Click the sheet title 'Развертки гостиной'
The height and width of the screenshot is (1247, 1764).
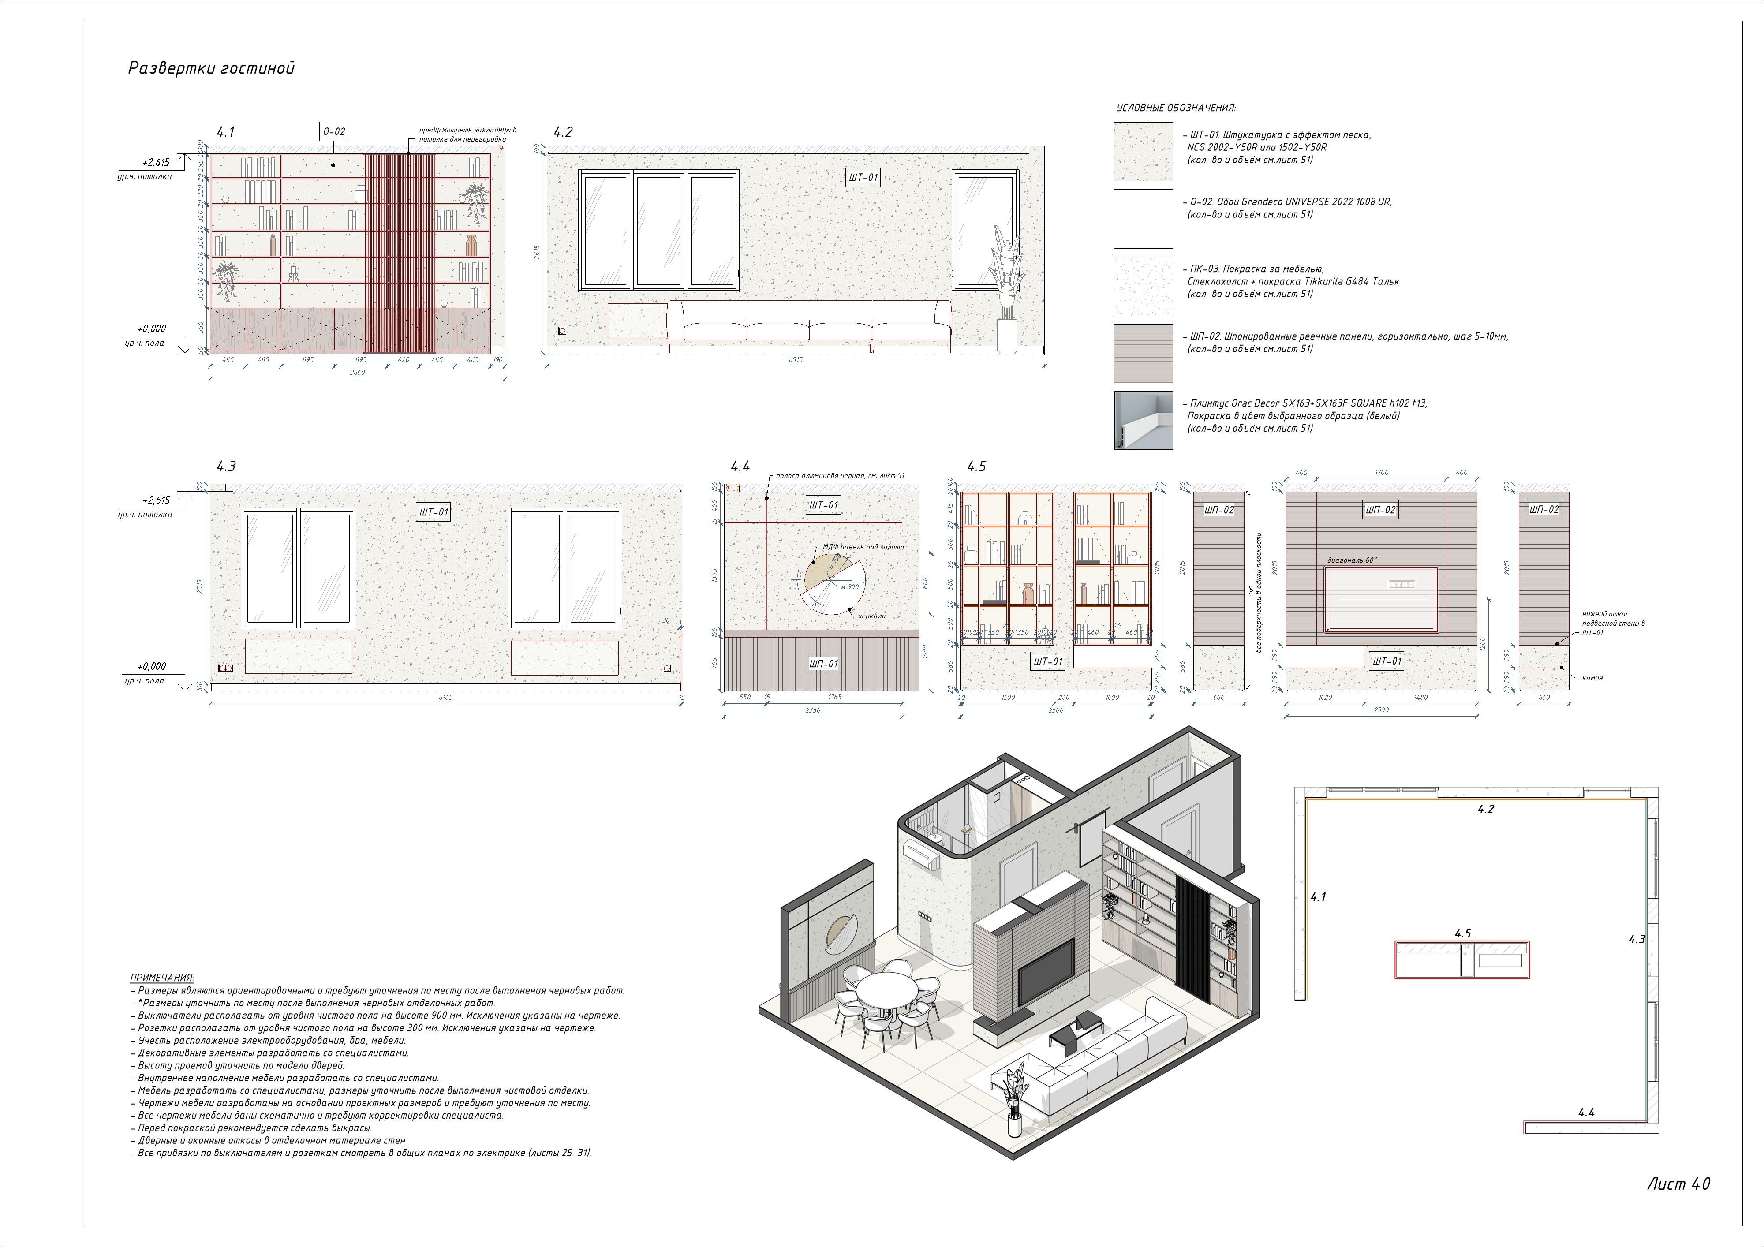(x=211, y=68)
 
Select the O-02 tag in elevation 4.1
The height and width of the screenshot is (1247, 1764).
(x=333, y=131)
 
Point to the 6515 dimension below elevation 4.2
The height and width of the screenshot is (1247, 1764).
(x=795, y=359)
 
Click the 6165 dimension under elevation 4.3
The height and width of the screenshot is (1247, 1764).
(x=445, y=698)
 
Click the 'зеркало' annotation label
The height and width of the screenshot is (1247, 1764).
(x=871, y=616)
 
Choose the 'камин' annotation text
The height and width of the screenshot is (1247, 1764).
(x=1592, y=678)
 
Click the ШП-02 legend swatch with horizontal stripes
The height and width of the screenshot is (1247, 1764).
(x=1143, y=354)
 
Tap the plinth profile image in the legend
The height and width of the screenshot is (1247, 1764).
(x=1143, y=420)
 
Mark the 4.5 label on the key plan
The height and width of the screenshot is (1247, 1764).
(x=1462, y=933)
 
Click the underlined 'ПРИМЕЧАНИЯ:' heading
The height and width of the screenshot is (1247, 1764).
(x=162, y=978)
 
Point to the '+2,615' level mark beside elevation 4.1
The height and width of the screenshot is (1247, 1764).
(x=156, y=162)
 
